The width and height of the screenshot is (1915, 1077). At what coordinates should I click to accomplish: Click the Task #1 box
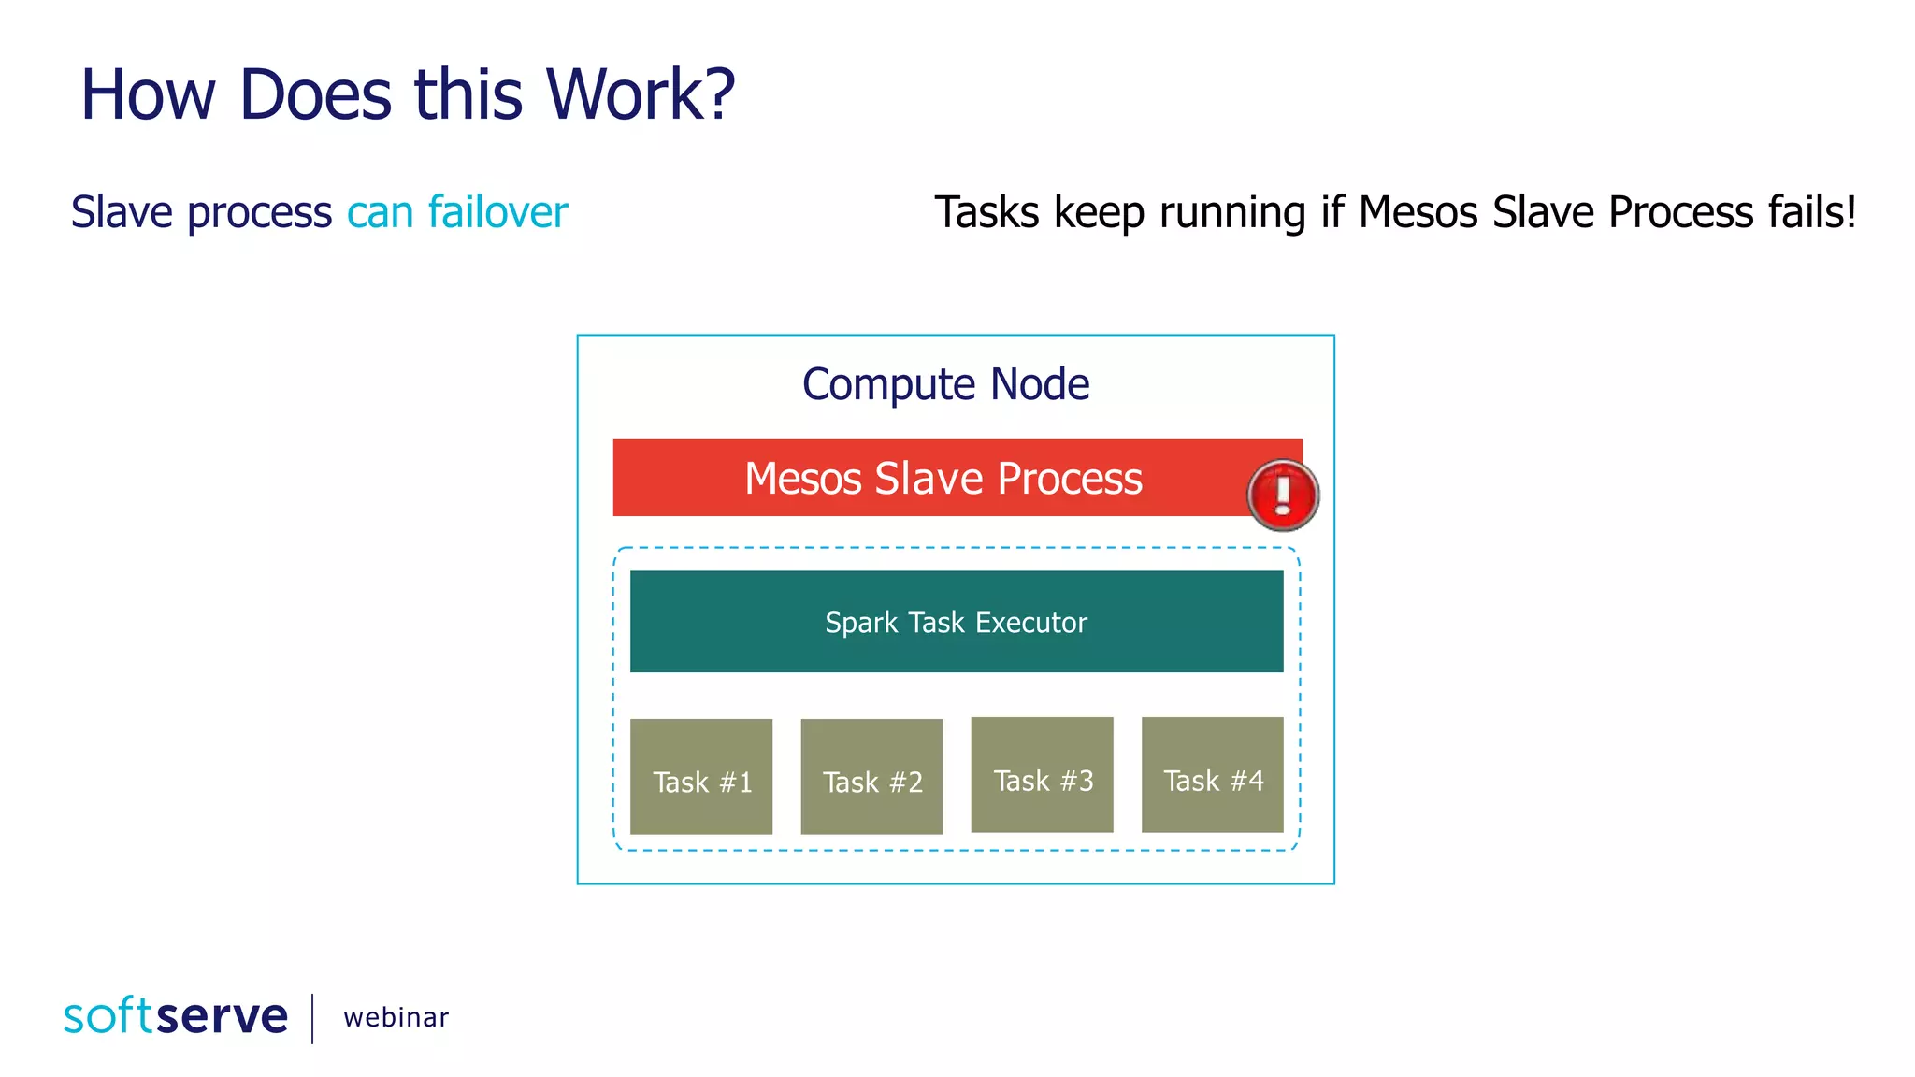click(x=701, y=776)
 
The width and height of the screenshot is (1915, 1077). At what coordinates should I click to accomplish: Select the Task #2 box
click(x=871, y=776)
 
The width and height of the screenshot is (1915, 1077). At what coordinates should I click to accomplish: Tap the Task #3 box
click(x=1042, y=774)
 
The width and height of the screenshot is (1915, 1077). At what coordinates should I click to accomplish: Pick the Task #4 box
click(x=1212, y=774)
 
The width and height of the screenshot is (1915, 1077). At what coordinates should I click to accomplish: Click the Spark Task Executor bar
click(x=956, y=622)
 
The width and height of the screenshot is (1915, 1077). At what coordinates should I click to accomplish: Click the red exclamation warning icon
click(x=1283, y=495)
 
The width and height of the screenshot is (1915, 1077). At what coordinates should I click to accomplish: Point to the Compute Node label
click(x=945, y=384)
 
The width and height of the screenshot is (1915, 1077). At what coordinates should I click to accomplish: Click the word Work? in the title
click(x=641, y=95)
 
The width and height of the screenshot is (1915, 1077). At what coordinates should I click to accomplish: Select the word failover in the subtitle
click(x=497, y=212)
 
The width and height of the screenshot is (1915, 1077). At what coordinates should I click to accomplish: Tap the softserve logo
click(x=176, y=1016)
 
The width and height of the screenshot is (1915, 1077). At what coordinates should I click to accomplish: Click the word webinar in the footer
click(x=396, y=1018)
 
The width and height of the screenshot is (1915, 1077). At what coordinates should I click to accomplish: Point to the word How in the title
click(x=148, y=95)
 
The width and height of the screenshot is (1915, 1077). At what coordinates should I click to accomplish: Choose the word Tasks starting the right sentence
click(x=986, y=212)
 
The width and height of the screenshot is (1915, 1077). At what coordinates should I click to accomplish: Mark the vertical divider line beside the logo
click(x=312, y=1018)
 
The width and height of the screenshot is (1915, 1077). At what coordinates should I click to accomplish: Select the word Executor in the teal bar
click(x=1032, y=623)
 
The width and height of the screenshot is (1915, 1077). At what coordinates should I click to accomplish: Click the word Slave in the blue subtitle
click(x=122, y=212)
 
